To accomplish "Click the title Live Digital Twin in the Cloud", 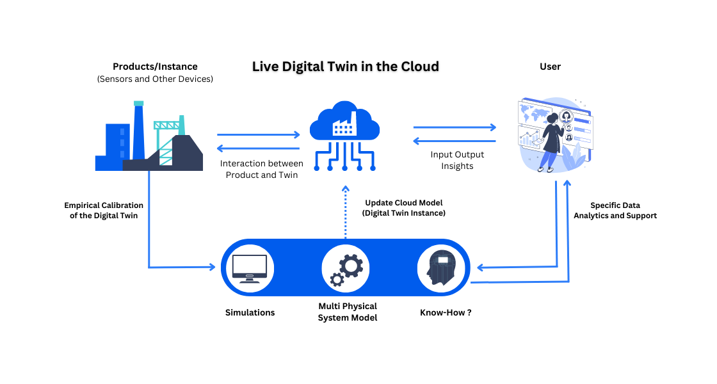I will (x=345, y=67).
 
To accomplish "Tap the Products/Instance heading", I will (x=155, y=67).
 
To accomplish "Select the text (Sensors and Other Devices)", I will (x=155, y=79).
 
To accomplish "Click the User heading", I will (x=550, y=67).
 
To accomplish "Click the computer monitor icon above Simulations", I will (x=250, y=268).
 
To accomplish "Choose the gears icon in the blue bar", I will (x=345, y=268).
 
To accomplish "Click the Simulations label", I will (x=250, y=312).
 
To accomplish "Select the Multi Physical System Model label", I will (x=348, y=312).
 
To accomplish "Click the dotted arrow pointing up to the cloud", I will (x=345, y=211).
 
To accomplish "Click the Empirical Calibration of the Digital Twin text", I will (x=104, y=211).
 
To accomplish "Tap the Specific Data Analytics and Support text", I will (x=615, y=211).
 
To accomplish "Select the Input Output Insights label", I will (x=457, y=160).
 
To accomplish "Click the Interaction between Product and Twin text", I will (x=262, y=169).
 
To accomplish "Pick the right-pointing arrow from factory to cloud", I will (x=259, y=135).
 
